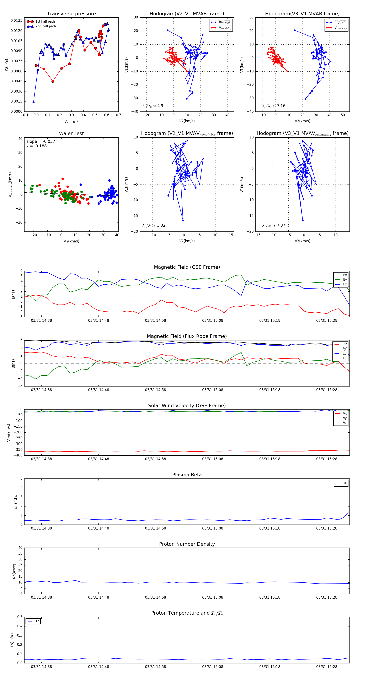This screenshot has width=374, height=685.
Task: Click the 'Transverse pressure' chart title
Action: click(71, 14)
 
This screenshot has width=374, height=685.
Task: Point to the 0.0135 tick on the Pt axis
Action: click(16, 21)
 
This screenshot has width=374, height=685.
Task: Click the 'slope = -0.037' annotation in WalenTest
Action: click(41, 142)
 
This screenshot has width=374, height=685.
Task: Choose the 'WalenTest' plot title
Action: click(71, 133)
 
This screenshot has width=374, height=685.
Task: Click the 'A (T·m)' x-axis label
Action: click(71, 121)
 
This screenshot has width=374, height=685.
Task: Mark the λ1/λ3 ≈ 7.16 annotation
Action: click(274, 106)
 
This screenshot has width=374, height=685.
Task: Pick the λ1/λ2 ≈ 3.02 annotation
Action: click(154, 225)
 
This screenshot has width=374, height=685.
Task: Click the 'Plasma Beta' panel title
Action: click(187, 475)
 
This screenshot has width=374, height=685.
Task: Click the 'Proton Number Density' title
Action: click(187, 544)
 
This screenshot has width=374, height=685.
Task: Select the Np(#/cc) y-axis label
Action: click(14, 571)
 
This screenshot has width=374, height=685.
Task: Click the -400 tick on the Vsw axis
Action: click(18, 455)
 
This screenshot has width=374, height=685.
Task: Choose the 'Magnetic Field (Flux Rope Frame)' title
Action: click(187, 336)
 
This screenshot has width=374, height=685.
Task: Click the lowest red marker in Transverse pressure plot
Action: click(53, 81)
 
